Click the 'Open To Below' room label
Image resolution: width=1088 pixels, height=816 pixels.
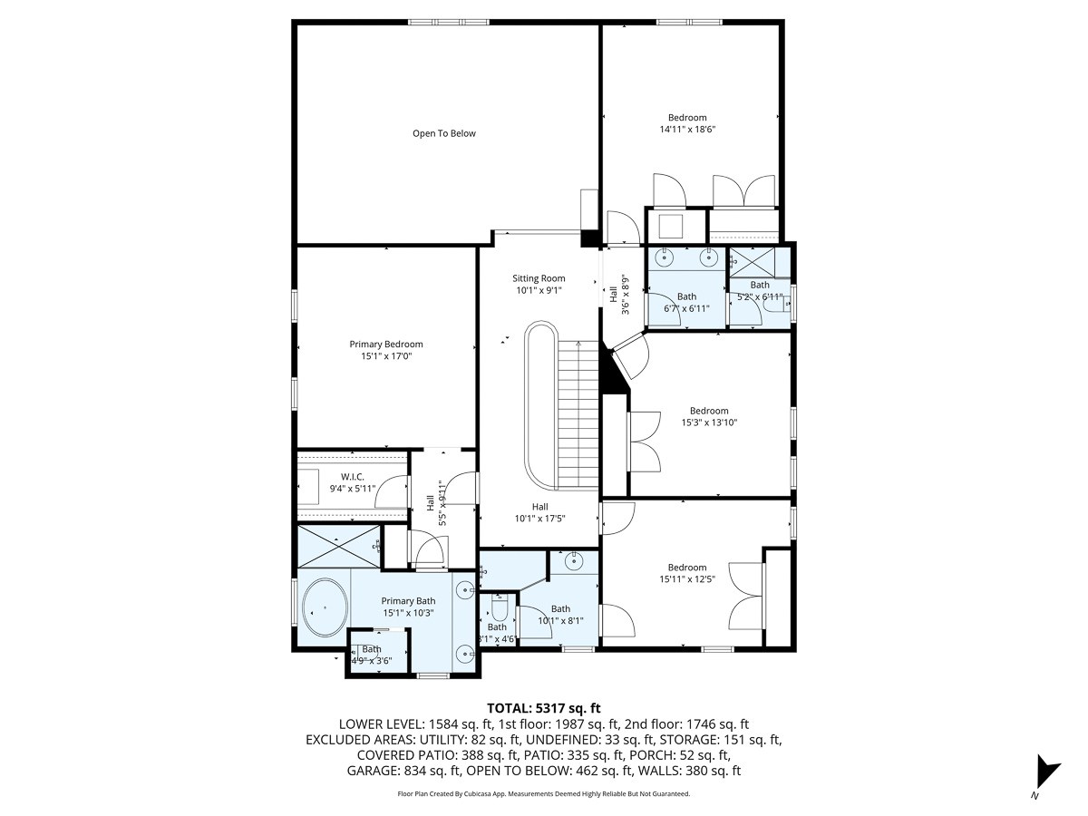pos(443,133)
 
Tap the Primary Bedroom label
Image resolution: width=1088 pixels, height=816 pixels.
pos(386,344)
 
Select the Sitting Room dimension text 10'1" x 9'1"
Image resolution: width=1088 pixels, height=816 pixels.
pos(539,290)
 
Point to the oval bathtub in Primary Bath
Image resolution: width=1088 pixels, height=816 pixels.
pos(325,607)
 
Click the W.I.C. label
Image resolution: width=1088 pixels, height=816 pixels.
pos(353,477)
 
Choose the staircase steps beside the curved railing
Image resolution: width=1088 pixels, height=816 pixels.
pos(578,415)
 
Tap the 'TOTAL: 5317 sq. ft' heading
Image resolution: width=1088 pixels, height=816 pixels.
pos(543,708)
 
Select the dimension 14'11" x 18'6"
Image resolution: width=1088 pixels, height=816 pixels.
pos(687,130)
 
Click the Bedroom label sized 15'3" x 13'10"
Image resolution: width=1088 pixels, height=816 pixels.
pos(709,411)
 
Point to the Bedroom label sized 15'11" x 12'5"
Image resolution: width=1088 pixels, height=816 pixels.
pos(687,568)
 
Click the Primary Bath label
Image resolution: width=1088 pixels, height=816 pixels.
pos(408,601)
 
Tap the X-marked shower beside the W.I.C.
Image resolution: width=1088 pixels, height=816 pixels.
pos(338,546)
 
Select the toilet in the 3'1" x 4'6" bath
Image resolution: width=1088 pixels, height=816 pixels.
pos(499,607)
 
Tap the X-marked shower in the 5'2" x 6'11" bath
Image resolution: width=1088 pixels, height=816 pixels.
pos(752,262)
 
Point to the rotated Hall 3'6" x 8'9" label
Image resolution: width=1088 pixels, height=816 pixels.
pos(619,295)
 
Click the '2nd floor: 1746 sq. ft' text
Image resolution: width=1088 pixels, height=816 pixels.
pos(686,724)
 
